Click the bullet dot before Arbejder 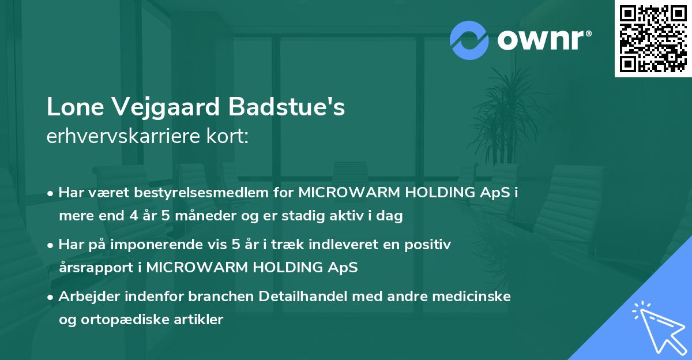tap(51, 297)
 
